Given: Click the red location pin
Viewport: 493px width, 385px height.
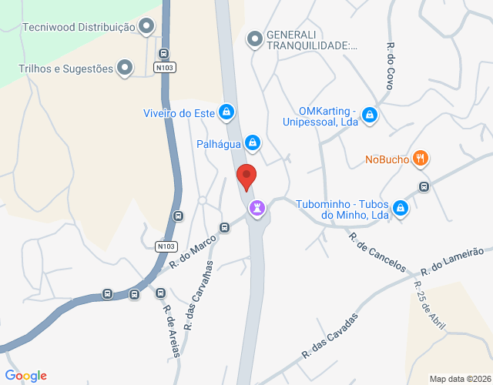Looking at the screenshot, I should coord(246,176).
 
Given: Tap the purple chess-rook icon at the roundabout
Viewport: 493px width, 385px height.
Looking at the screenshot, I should coord(257,208).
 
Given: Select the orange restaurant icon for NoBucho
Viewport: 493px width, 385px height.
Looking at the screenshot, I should coord(420,159).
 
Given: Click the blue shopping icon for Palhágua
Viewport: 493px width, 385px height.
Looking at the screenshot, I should coord(252,142).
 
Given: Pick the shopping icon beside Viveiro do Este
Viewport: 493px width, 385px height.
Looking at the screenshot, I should coord(226,113).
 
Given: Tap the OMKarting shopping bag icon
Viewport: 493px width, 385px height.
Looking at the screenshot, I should coord(371,115).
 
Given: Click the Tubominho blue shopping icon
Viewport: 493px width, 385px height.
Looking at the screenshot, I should coord(401,208).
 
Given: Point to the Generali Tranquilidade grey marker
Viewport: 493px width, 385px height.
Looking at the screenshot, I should coord(254,38).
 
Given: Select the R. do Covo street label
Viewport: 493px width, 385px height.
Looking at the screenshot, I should coord(391,66).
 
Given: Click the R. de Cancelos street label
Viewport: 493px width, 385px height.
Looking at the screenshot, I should coord(377,253).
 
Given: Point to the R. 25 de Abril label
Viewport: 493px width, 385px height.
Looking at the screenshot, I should coord(429,306).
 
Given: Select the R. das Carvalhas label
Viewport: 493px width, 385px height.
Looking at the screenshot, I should coord(198,289).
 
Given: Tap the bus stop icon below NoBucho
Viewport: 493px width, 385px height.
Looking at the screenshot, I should coord(424,187).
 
